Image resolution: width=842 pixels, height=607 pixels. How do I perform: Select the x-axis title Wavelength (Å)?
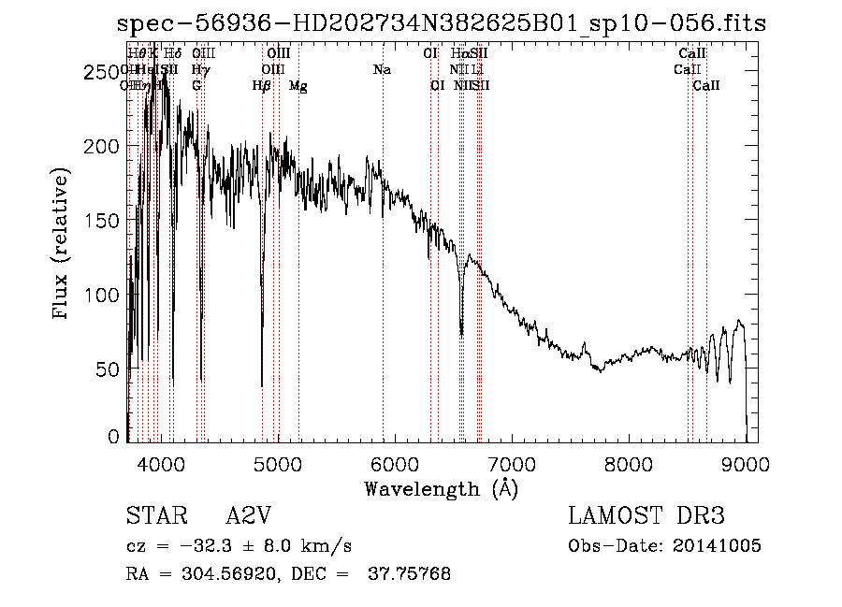[441, 487]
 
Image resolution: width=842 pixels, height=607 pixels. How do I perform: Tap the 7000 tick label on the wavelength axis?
[511, 463]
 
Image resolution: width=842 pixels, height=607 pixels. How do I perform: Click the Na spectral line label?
[382, 70]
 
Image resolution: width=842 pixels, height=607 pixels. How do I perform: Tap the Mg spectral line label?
[298, 86]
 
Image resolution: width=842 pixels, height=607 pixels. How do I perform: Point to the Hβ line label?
[262, 86]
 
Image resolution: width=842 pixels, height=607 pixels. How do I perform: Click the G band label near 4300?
[196, 86]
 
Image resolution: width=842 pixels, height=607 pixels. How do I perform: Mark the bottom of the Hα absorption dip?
[461, 332]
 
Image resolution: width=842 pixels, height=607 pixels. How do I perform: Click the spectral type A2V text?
[250, 517]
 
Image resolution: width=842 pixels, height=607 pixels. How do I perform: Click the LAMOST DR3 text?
[646, 517]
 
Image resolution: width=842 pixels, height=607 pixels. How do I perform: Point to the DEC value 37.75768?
[413, 574]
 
